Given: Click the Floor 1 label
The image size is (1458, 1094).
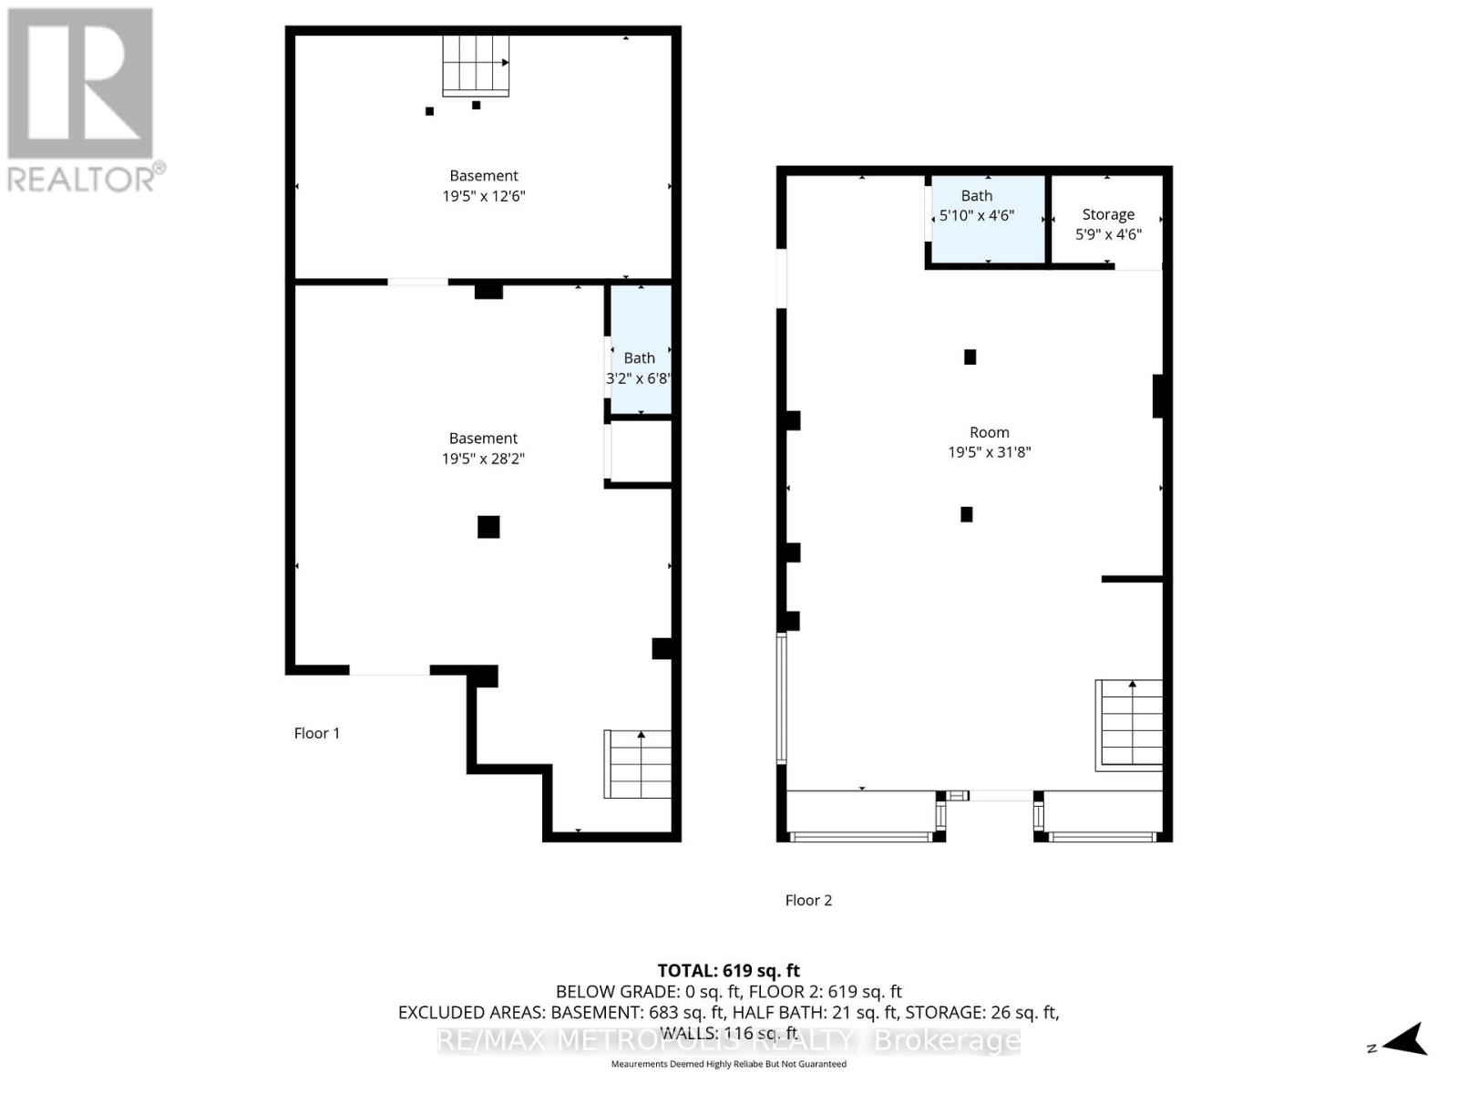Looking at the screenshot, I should point(316,733).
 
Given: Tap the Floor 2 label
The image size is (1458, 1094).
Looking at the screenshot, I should point(808,900).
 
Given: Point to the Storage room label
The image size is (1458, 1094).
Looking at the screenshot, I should point(1108,214).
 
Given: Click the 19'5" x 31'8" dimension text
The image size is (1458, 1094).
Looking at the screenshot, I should point(989,452).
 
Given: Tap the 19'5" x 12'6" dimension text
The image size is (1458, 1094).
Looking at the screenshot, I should point(483,196).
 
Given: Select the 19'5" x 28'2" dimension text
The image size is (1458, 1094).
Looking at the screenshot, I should point(483,459).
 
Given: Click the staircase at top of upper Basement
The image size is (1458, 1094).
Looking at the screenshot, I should point(476,65).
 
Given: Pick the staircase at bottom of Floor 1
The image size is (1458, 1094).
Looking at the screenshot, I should point(639,764).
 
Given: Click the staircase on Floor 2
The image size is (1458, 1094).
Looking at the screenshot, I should point(1130,724).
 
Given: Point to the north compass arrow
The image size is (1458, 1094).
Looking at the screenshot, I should point(1403,1039).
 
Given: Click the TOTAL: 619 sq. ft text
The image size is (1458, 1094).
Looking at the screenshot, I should point(728,971).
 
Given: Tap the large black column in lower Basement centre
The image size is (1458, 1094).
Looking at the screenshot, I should point(488,527).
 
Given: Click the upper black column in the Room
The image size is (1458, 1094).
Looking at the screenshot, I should point(970,357).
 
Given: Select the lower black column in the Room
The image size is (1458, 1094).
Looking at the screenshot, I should point(967,514).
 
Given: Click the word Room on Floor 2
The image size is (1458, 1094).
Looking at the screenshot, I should point(989,432).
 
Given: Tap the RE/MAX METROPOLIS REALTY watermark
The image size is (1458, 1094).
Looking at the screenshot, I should point(728,1040).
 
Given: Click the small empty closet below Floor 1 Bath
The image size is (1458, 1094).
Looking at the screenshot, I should point(642,450).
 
